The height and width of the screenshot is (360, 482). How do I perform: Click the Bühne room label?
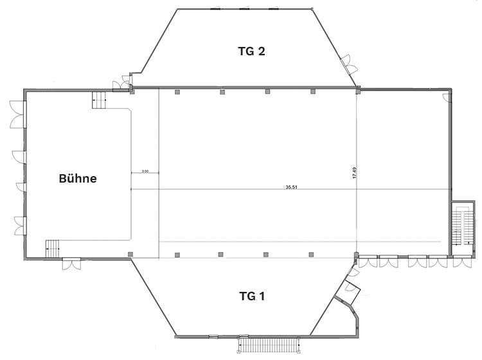pyautogui.click(x=78, y=178)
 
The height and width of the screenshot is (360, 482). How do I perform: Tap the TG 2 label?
pyautogui.click(x=251, y=51)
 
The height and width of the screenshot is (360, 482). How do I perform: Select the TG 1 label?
pyautogui.click(x=252, y=296)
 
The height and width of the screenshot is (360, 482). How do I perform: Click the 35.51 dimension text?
pyautogui.click(x=291, y=187)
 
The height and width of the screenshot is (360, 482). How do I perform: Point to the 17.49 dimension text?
pyautogui.click(x=354, y=173)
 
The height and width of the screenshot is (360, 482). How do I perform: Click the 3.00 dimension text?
pyautogui.click(x=145, y=171)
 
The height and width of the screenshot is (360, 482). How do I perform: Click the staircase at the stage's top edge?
pyautogui.click(x=99, y=99)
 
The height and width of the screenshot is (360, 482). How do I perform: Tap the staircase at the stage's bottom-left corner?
pyautogui.click(x=52, y=248)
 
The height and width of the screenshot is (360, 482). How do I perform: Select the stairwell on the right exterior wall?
pyautogui.click(x=463, y=228)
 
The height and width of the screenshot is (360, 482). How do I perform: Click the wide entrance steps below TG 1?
pyautogui.click(x=269, y=345)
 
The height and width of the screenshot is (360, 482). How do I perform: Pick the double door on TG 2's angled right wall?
pyautogui.click(x=349, y=64)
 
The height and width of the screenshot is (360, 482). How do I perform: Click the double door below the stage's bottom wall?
pyautogui.click(x=71, y=264)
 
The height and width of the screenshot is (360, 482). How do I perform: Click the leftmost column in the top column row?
pyautogui.click(x=177, y=92)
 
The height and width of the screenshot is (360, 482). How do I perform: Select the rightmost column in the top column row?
pyautogui.click(x=313, y=91)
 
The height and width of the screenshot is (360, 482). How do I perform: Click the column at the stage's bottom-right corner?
pyautogui.click(x=130, y=254)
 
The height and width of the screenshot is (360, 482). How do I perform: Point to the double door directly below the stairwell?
pyautogui.click(x=462, y=262)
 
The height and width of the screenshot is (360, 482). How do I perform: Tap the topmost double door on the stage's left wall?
pyautogui.click(x=18, y=114)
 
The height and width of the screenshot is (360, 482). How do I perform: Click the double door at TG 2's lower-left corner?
pyautogui.click(x=123, y=84)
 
